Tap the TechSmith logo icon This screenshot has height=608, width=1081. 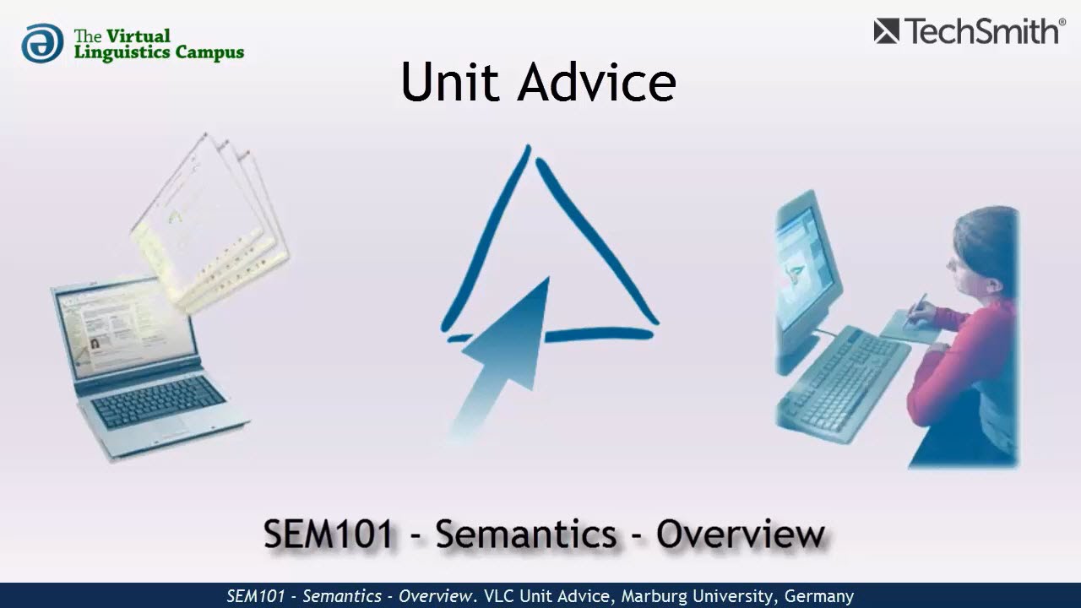tap(886, 32)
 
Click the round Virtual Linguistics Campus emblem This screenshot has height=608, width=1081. tap(42, 42)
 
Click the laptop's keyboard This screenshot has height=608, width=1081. tap(159, 401)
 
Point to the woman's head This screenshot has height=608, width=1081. tap(984, 249)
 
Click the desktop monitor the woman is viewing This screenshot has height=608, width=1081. tap(807, 270)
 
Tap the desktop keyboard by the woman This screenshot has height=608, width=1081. tap(845, 380)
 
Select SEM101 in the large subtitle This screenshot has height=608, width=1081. tap(329, 535)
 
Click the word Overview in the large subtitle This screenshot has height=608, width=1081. tap(740, 535)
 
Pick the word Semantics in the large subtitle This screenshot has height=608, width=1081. tap(525, 535)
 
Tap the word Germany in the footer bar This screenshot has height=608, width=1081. tap(818, 596)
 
